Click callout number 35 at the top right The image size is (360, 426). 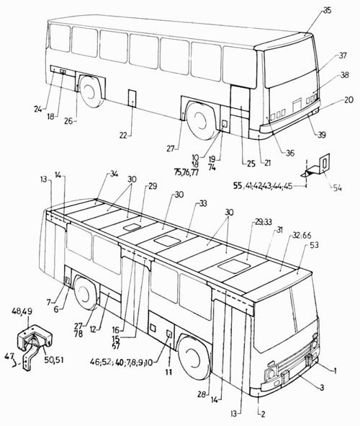pyautogui.click(x=327, y=11)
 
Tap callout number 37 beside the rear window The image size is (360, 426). pyautogui.click(x=343, y=56)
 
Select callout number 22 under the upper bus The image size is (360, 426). pyautogui.click(x=123, y=135)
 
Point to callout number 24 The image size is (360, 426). pyautogui.click(x=38, y=110)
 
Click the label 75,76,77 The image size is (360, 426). pyautogui.click(x=186, y=172)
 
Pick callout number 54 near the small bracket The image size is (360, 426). pyautogui.click(x=337, y=188)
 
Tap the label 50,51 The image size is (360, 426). pyautogui.click(x=54, y=360)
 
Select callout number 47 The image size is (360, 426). pyautogui.click(x=9, y=357)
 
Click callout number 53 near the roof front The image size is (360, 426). pyautogui.click(x=314, y=245)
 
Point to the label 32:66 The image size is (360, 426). pyautogui.click(x=302, y=235)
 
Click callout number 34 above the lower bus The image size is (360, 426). pyautogui.click(x=114, y=174)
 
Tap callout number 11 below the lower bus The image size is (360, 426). pyautogui.click(x=168, y=372)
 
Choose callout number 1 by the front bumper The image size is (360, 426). pyautogui.click(x=336, y=370)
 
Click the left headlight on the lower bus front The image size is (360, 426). pyautogui.click(x=271, y=374)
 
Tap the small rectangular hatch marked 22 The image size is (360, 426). pyautogui.click(x=132, y=98)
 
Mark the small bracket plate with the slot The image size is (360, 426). pyautogui.click(x=325, y=164)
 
